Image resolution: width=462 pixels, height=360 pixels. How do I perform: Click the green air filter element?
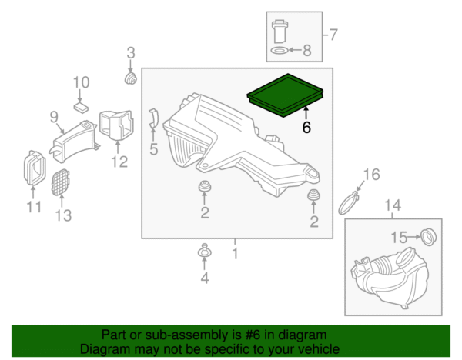tap(285, 95)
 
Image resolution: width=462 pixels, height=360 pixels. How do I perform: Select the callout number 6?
tap(306, 127)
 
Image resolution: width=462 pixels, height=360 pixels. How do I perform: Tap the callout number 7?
tap(333, 35)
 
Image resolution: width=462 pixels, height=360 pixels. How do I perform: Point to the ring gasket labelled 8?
tap(279, 50)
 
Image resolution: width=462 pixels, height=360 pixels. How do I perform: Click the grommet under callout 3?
tap(130, 78)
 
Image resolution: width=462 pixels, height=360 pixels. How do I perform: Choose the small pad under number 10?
tap(81, 107)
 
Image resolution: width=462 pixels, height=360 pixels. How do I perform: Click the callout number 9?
tap(54, 117)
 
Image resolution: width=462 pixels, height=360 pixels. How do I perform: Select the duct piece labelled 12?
tap(116, 125)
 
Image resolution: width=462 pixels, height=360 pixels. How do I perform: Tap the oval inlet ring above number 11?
tap(35, 168)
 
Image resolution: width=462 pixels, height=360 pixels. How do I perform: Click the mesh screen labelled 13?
tap(60, 182)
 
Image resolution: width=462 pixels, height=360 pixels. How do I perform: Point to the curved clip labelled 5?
tap(153, 118)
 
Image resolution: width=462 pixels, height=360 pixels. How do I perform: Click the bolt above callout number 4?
tap(204, 251)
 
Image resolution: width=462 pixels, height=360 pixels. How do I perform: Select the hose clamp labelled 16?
tap(349, 202)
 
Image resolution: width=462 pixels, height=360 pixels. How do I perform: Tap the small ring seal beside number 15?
tap(429, 237)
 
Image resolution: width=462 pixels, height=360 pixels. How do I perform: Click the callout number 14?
tap(393, 205)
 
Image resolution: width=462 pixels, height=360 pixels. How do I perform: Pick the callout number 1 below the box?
tap(235, 253)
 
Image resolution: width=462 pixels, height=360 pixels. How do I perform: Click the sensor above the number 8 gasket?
tap(280, 32)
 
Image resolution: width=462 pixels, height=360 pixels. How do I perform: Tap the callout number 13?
tap(63, 215)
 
